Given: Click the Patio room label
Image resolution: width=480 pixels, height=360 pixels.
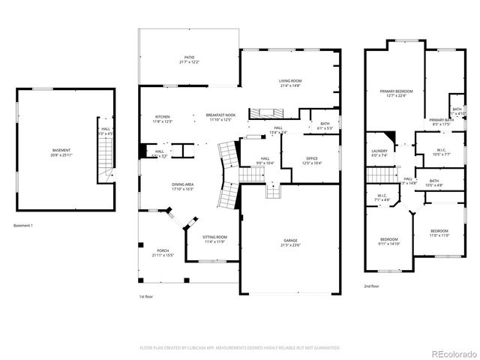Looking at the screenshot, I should point(190,57).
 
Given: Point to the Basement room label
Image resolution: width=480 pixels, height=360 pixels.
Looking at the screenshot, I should point(61,150).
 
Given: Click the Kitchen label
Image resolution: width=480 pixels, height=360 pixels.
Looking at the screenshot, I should point(163,117).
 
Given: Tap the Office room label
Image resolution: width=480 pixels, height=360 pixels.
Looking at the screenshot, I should point(312,158).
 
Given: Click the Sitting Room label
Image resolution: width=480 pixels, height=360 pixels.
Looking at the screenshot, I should point(214,237).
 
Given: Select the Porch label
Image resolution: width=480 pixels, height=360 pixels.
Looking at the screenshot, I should point(163,251).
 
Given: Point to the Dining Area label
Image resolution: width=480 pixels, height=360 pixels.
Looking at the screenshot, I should point(183,184).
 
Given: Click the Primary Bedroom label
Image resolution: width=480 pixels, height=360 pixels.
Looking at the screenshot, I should point(396,91).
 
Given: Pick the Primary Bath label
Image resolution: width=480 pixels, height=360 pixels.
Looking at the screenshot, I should point(441,120).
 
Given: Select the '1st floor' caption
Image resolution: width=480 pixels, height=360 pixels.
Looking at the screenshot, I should point(146,297).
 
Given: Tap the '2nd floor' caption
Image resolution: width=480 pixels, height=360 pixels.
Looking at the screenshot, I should point(372,286).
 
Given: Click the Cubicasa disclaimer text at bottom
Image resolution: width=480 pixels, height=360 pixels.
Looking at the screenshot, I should point(240,347).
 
